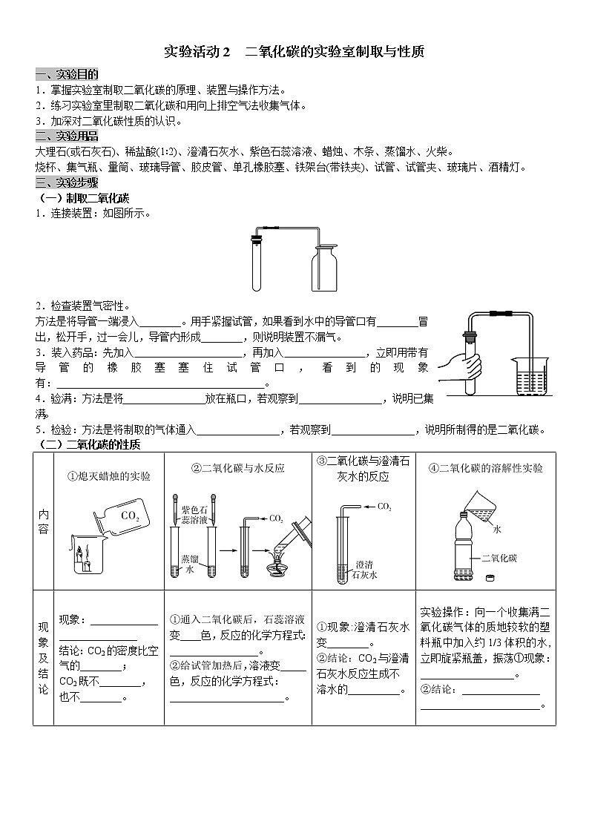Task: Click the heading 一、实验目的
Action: click(x=67, y=74)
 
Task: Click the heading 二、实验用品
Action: click(x=67, y=136)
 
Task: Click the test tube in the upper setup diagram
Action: click(x=257, y=263)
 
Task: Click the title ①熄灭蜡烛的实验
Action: click(x=109, y=475)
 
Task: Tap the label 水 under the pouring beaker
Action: click(x=496, y=529)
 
